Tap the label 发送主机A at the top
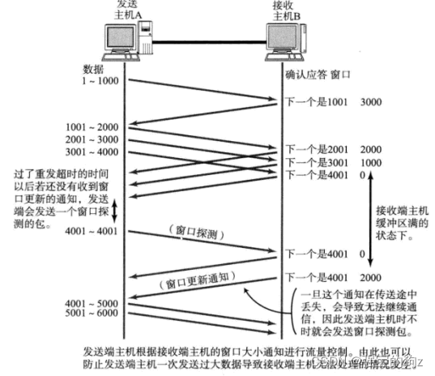coord(123,10)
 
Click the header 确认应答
coord(305,75)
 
